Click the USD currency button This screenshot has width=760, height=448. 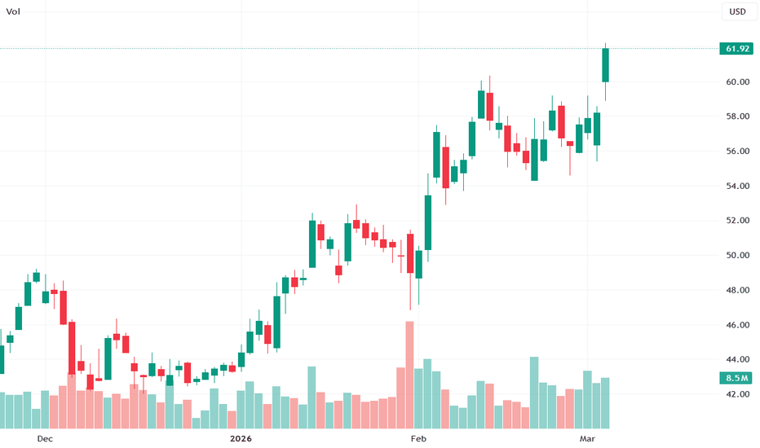pos(738,11)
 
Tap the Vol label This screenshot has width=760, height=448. pos(13,11)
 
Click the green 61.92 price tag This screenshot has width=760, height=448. pos(736,48)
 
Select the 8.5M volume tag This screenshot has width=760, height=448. pos(736,378)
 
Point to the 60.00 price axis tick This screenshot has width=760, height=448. pos(738,81)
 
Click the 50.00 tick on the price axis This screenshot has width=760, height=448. pos(738,255)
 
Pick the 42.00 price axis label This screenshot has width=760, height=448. pos(738,394)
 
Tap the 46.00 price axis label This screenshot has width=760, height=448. pos(738,325)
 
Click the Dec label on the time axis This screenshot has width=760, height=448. pos(45,439)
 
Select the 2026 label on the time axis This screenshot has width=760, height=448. pos(241,439)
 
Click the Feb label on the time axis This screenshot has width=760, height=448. pos(418,439)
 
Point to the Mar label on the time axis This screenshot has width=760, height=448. pos(587,439)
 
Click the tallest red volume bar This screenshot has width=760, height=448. pos(409,375)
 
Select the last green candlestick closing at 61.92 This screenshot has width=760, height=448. pos(605,65)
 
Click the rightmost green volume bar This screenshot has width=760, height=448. pos(605,403)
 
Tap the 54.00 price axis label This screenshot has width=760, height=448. pos(738,186)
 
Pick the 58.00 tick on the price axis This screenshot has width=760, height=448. pos(738,116)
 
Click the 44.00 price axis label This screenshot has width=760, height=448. pos(738,359)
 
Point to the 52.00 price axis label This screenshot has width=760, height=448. pos(738,221)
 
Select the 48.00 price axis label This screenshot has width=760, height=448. pos(738,290)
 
